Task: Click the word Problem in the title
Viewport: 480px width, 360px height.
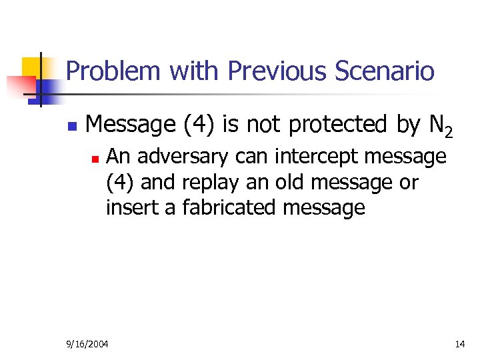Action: point(114,71)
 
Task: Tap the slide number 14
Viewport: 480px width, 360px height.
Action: point(459,344)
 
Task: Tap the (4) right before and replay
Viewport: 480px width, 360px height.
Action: point(120,182)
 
